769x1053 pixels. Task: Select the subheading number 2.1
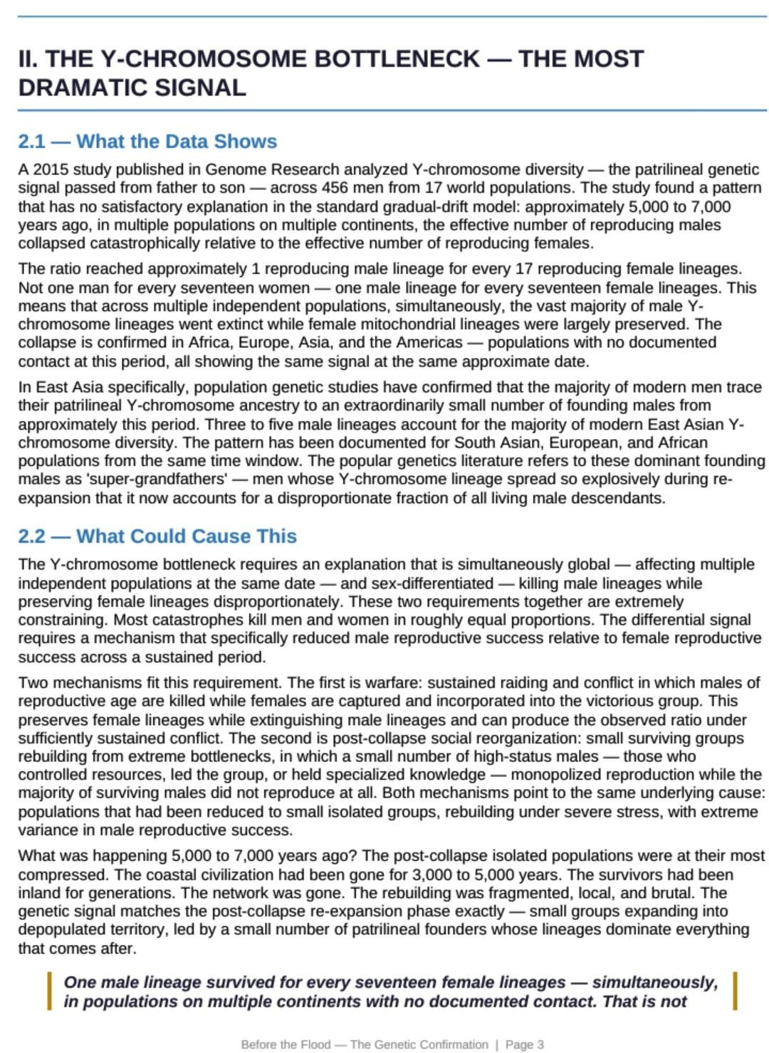pos(31,141)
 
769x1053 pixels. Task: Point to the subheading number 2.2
pos(31,536)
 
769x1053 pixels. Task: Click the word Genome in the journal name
pos(233,169)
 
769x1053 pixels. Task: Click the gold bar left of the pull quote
pos(49,991)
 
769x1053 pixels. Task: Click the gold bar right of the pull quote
pos(735,991)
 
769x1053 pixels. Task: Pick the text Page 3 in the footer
pos(525,1044)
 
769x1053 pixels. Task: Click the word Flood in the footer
pos(315,1044)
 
